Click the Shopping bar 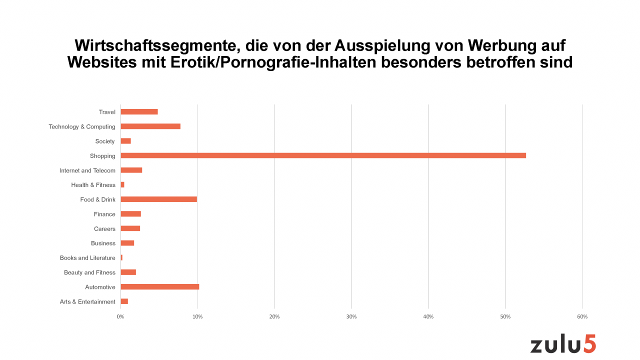pos(323,155)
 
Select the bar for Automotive pos(160,287)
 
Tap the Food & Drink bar pos(158,199)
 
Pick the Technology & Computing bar pos(150,126)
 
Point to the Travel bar pos(139,112)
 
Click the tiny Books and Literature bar pos(121,258)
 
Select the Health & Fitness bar pos(122,185)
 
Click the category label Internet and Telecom pos(87,170)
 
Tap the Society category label pos(105,141)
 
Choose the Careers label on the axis pos(104,229)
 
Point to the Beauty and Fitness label pos(89,272)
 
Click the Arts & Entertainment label pos(87,302)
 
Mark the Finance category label pos(104,214)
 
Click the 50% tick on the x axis pos(505,317)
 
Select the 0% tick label pos(120,317)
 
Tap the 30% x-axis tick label pos(351,317)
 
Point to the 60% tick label pos(582,317)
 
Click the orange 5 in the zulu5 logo pos(589,344)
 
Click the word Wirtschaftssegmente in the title pos(151,46)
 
